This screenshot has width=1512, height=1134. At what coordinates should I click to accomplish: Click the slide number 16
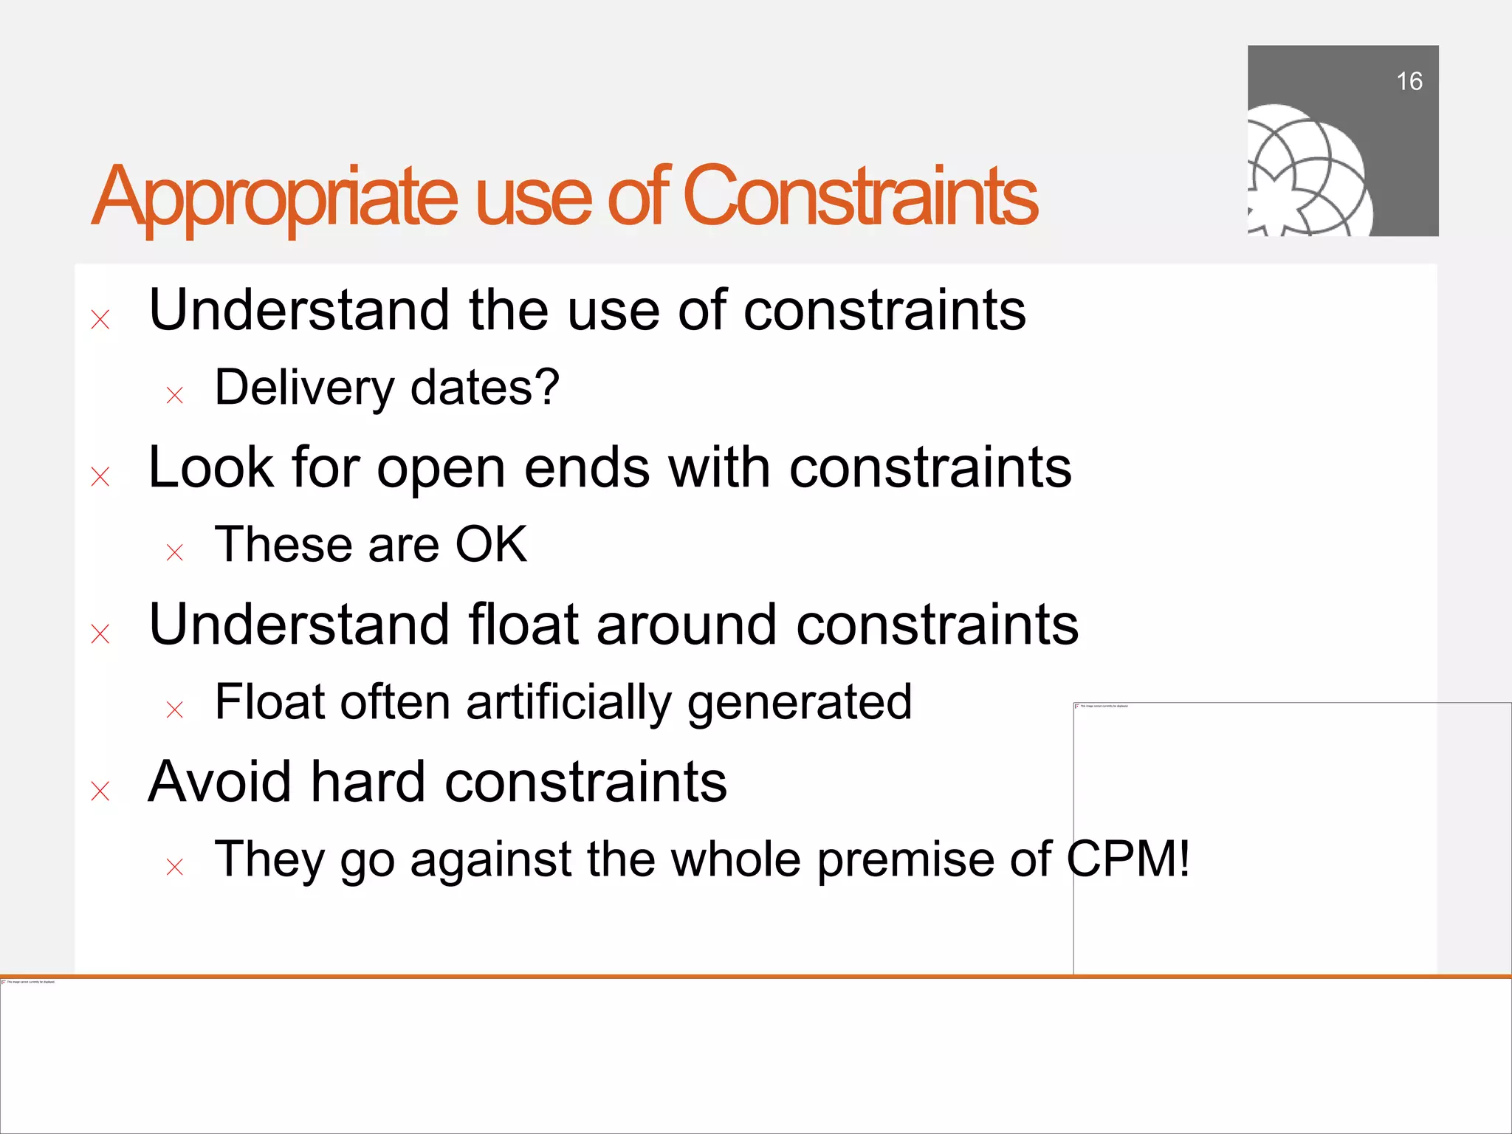(x=1409, y=81)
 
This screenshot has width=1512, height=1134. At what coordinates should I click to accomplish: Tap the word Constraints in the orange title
(x=860, y=196)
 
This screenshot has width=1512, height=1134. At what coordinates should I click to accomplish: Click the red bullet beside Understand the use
(x=100, y=320)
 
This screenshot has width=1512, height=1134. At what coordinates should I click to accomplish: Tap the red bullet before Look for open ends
(x=100, y=477)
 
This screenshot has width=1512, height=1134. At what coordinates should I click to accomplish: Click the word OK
(x=491, y=545)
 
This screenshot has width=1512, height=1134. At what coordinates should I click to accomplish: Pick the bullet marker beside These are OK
(x=175, y=552)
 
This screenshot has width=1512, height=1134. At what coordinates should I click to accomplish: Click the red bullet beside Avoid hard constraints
(x=100, y=791)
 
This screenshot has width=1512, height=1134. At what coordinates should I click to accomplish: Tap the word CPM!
(x=1128, y=859)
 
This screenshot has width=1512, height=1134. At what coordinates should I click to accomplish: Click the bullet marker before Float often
(x=175, y=710)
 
